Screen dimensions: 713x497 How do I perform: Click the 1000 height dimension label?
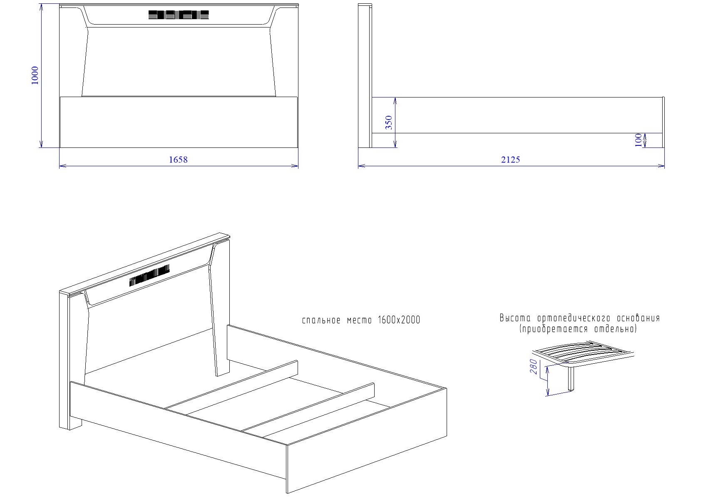(x=35, y=75)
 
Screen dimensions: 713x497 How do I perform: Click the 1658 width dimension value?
(x=178, y=160)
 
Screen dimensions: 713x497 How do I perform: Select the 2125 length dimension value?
(x=511, y=160)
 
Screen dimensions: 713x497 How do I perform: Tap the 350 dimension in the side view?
(x=389, y=122)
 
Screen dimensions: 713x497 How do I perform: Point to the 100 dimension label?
(x=638, y=140)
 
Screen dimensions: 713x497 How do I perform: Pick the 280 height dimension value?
(x=534, y=367)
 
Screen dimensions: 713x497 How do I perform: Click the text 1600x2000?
(x=399, y=320)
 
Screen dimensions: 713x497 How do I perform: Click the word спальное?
(x=321, y=320)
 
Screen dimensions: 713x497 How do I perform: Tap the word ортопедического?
(x=574, y=318)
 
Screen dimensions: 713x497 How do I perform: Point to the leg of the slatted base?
(x=571, y=379)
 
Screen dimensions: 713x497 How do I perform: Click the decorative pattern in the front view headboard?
(x=179, y=15)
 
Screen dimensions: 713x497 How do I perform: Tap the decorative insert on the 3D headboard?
(x=149, y=276)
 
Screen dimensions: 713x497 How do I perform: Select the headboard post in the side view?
(x=365, y=76)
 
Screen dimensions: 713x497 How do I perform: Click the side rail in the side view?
(x=517, y=115)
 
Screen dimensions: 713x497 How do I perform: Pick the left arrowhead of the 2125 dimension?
(x=362, y=166)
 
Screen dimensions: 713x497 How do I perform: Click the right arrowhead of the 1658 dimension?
(x=295, y=166)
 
